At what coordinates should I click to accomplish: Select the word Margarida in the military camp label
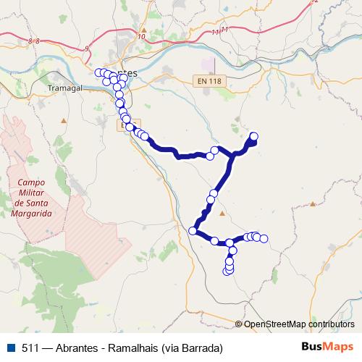point(31,215)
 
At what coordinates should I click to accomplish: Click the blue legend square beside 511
point(11,348)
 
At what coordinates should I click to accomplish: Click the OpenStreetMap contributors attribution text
point(299,324)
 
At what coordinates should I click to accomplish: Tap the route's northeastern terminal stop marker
point(253,136)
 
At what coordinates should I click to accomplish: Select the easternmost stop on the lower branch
point(264,238)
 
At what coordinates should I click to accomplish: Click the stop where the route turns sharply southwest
point(193,231)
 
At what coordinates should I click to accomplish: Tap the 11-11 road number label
point(220,30)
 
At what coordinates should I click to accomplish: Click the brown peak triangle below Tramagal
point(64,117)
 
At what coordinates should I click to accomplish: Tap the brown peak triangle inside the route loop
point(222,213)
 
